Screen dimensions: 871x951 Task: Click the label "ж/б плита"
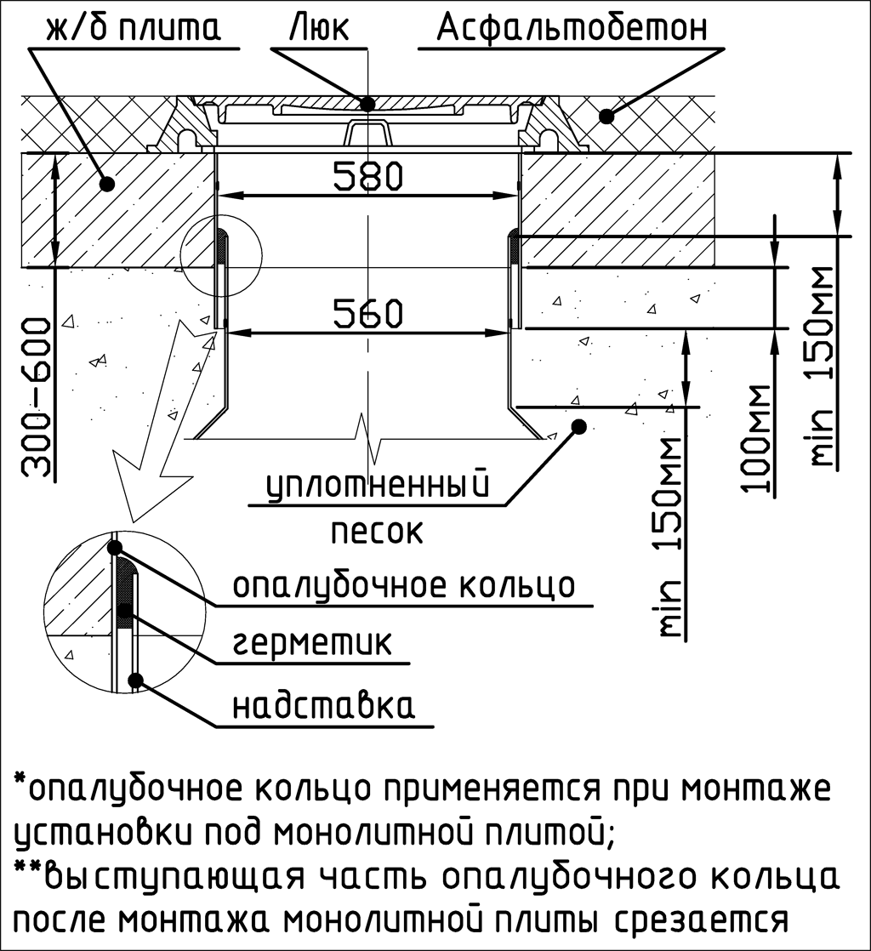(134, 29)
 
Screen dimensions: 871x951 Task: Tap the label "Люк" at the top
(320, 28)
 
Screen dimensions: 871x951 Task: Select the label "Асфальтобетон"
(572, 28)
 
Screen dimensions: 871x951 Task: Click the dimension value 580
(368, 176)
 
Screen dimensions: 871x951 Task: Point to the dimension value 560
(368, 314)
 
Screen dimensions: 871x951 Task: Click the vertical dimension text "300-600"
(36, 397)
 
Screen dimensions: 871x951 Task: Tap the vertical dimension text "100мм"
(755, 438)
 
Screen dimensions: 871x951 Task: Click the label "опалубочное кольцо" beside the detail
(403, 585)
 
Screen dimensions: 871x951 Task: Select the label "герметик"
(312, 644)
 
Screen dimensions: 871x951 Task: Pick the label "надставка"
(324, 705)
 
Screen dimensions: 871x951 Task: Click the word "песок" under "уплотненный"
(376, 532)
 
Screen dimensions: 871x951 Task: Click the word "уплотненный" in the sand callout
(378, 485)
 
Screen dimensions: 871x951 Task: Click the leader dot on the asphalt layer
(606, 116)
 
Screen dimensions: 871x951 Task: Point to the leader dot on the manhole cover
(367, 104)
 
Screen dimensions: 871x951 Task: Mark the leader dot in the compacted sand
(579, 426)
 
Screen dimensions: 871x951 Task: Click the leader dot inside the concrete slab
(107, 183)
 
